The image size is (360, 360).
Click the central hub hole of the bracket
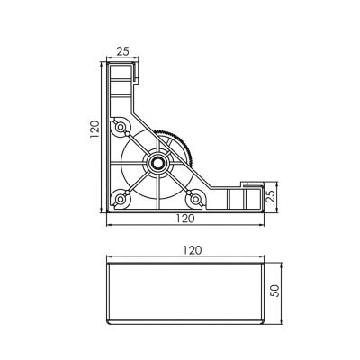pyautogui.click(x=158, y=164)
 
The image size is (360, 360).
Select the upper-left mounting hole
pyautogui.click(x=121, y=128)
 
